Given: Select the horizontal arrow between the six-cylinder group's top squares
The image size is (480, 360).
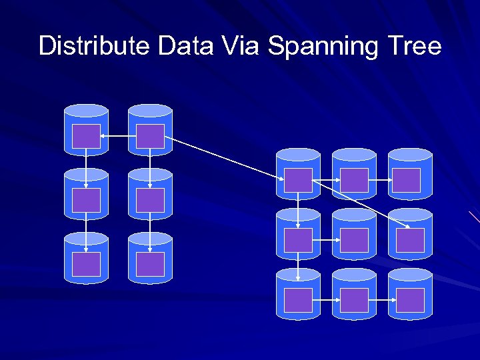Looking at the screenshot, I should pos(118,137).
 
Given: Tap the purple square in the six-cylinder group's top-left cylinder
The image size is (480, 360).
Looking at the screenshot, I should pos(87,136).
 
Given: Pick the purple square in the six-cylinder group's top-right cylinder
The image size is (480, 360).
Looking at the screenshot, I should pos(150,136).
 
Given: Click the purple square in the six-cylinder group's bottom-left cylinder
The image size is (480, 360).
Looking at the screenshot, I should pos(87,264).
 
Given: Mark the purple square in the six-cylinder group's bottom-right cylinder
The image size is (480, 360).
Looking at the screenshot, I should pos(150,264).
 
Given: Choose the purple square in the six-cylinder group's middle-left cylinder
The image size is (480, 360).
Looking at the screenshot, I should pos(87,200).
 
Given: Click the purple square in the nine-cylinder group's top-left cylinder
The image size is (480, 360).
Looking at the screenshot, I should pos(298,180).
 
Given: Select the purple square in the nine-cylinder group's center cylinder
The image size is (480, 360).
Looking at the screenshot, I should pos(354,240).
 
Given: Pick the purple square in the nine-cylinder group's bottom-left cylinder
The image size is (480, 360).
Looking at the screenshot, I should pos(298,300).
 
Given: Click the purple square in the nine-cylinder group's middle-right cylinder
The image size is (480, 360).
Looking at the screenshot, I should pos(409,240).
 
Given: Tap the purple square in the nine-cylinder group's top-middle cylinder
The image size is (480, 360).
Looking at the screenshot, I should pos(354,180).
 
